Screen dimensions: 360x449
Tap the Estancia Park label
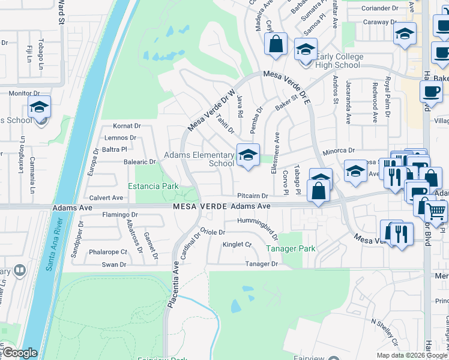[153, 186]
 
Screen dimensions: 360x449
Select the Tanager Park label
[290, 248]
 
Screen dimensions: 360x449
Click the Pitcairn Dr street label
[252, 196]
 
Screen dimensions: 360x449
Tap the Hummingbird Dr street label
[259, 224]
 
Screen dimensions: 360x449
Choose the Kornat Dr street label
[127, 127]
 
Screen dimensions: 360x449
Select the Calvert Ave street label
[106, 197]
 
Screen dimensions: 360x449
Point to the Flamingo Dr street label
[120, 214]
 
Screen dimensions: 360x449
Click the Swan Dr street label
[113, 264]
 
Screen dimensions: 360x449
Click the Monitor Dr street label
[24, 94]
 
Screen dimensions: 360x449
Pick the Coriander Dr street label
[381, 8]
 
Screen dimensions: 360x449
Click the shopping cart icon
[436, 211]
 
